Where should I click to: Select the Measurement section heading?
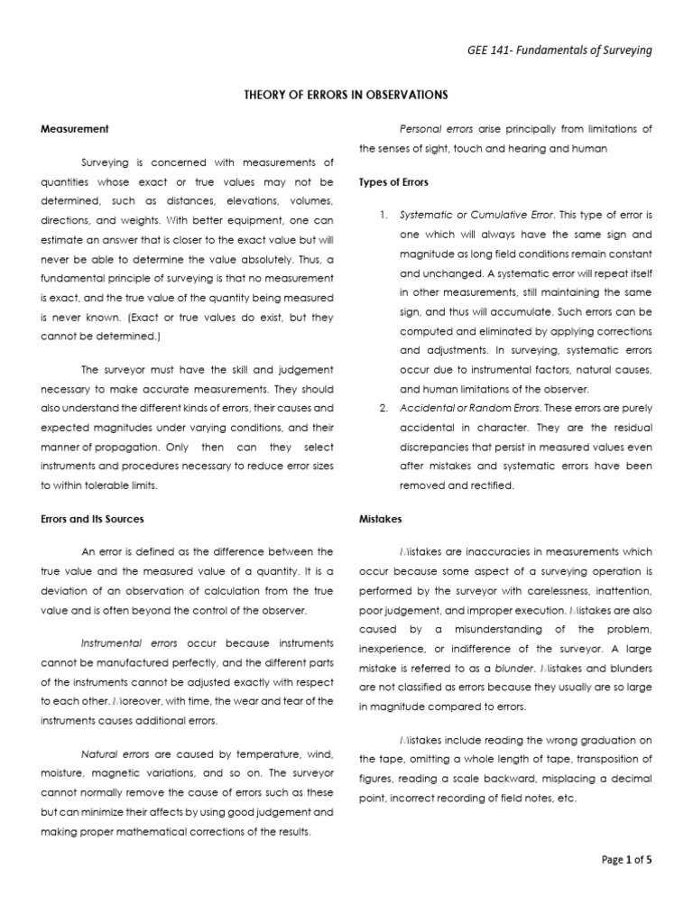point(75,129)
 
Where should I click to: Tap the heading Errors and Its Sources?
point(93,519)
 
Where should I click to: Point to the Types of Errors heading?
point(393,182)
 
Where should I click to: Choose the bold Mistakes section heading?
point(380,519)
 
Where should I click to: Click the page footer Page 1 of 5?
point(626,860)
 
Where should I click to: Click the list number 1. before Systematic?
point(383,215)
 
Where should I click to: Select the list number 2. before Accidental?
point(383,408)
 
